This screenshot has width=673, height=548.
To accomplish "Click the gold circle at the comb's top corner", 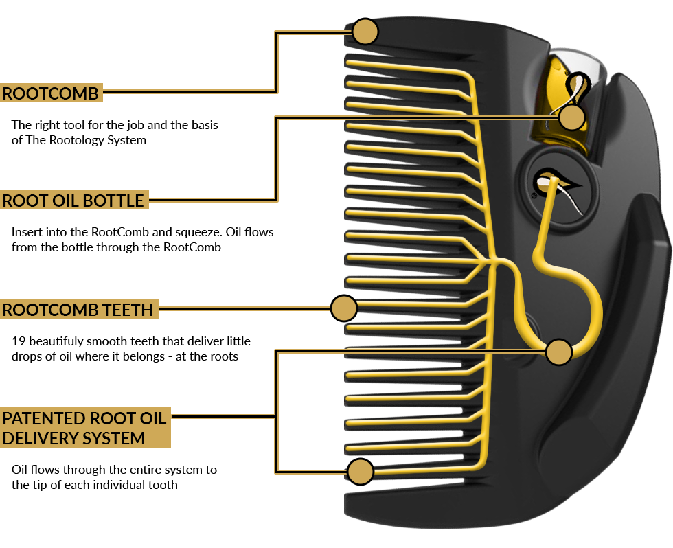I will pos(365,32).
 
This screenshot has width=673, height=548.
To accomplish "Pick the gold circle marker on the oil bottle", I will pos(571,117).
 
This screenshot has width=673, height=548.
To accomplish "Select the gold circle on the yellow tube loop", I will pos(559,352).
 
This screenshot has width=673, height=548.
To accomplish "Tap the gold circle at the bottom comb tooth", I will pos(360,472).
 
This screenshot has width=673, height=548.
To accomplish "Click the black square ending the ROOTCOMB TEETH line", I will pos(343,309).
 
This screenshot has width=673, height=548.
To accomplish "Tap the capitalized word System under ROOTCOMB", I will pos(128,140).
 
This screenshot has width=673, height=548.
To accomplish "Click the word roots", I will pos(223,356).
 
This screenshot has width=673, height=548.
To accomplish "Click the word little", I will pos(236,341).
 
